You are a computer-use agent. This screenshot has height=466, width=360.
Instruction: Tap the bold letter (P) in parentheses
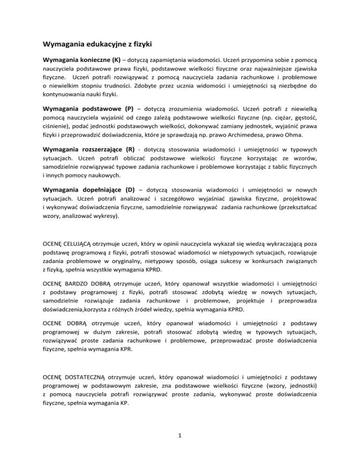tap(130, 107)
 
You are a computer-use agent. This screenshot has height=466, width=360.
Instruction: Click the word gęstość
tap(305, 116)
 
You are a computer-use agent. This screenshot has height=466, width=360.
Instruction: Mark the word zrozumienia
tap(184, 107)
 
